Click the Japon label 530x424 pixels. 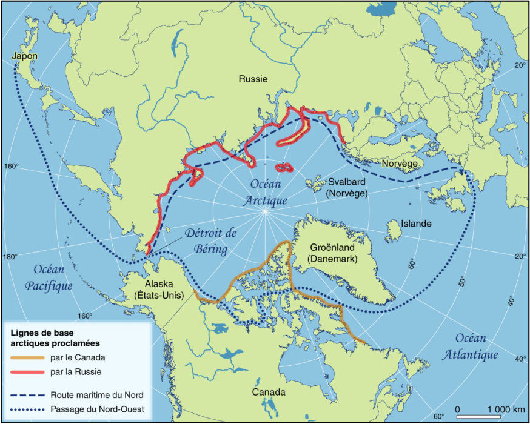click(x=24, y=56)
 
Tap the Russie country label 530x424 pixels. click(x=253, y=79)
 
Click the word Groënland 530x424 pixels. click(x=333, y=247)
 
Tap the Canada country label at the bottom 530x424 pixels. click(x=268, y=393)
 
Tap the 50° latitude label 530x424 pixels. click(x=463, y=280)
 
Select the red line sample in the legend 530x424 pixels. click(x=28, y=371)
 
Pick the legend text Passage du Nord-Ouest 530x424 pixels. click(x=97, y=409)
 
